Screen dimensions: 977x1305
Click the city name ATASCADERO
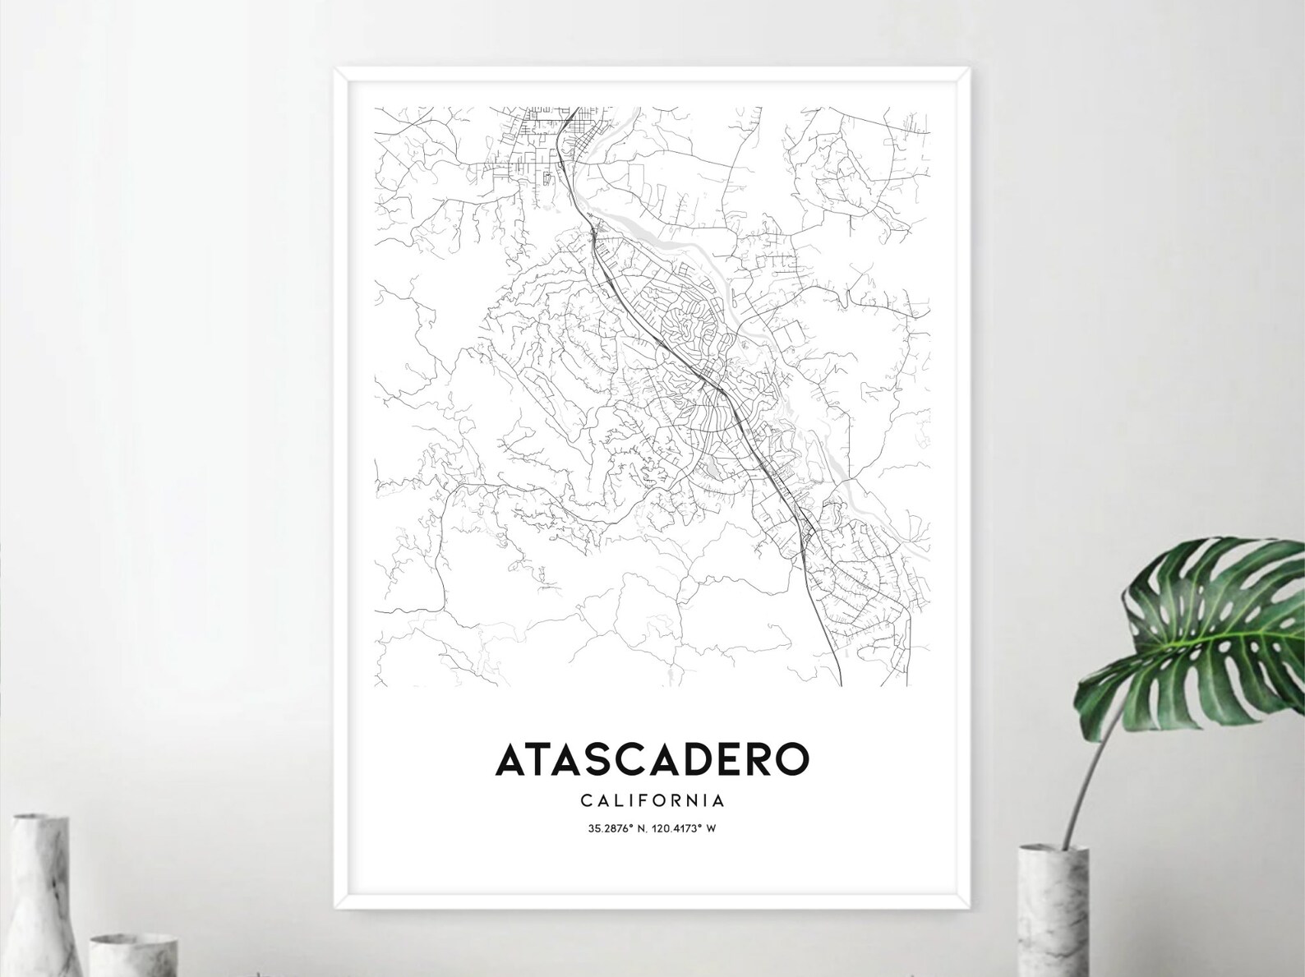652,759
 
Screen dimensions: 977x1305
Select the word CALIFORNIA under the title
652,800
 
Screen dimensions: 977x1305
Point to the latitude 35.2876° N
617,828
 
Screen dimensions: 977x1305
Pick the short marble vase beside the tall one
131,953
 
